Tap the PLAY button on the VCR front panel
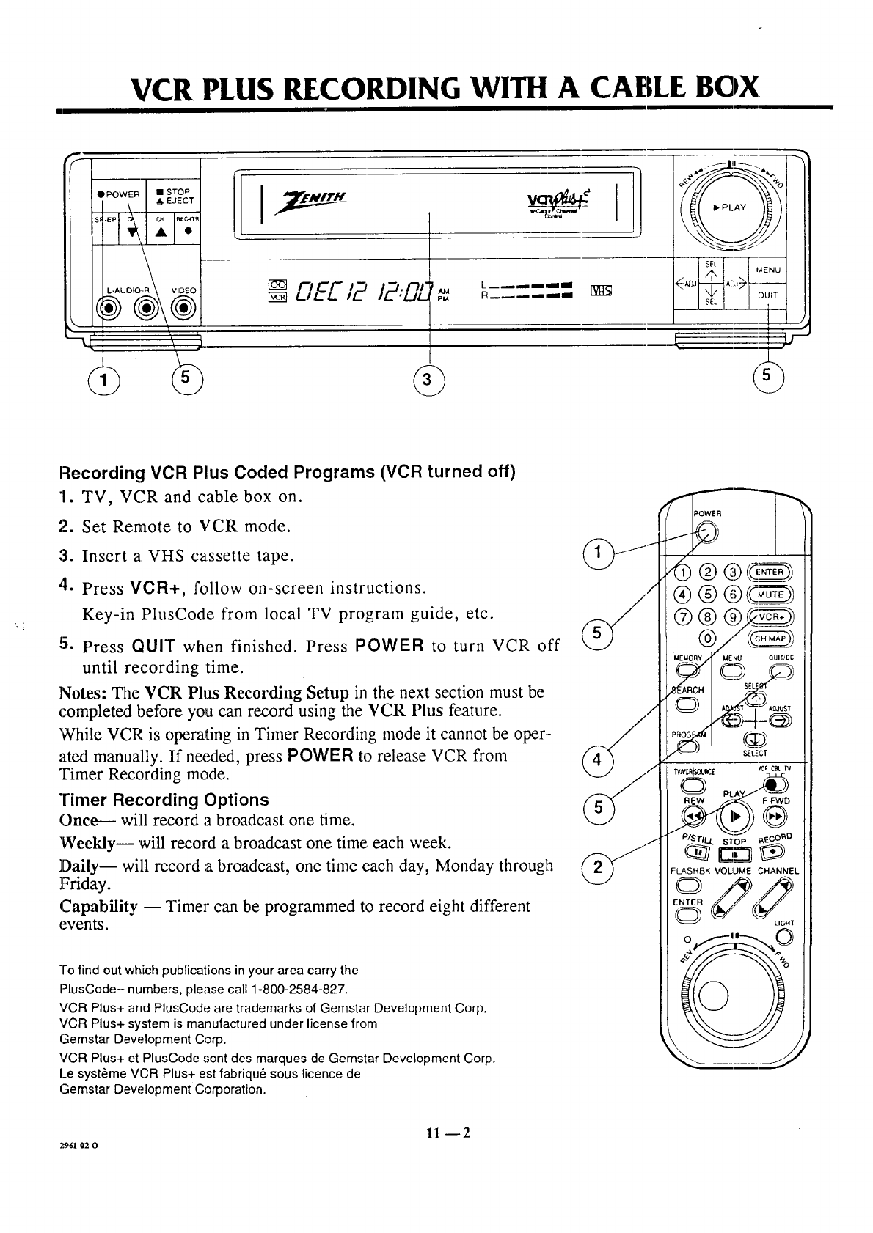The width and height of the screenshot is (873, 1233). coord(731,207)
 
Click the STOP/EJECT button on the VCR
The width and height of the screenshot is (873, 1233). coord(174,196)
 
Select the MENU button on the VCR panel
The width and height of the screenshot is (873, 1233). coord(768,270)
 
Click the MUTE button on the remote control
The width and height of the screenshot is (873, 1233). coord(770,595)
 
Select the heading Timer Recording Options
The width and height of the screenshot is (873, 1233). coord(164,800)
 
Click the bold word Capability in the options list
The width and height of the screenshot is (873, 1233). coord(98,906)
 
